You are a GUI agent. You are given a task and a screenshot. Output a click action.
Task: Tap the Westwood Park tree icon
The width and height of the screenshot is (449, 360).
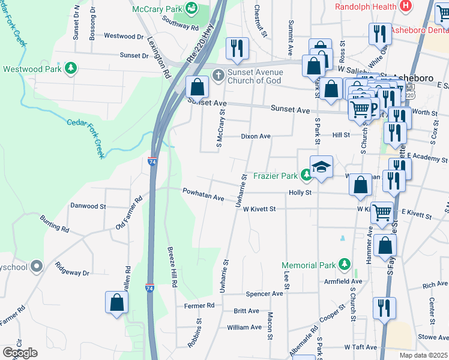(x=71, y=68)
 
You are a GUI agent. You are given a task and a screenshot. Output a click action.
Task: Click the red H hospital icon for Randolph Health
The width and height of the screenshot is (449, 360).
(x=406, y=6)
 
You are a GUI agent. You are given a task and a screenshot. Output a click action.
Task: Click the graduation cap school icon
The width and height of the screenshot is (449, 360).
(x=321, y=167)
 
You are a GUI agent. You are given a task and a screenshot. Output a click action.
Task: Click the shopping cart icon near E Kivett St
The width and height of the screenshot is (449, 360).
(x=382, y=212)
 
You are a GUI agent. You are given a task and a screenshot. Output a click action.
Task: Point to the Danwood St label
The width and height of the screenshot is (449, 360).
(x=88, y=206)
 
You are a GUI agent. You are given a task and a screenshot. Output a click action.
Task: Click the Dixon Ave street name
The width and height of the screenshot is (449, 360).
(x=256, y=136)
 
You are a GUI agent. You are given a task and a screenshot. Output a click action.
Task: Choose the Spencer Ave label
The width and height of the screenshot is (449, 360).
(x=264, y=294)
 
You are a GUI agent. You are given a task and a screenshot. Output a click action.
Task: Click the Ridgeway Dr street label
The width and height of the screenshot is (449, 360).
(x=72, y=268)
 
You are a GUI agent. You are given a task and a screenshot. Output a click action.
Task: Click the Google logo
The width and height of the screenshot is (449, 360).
(x=20, y=353)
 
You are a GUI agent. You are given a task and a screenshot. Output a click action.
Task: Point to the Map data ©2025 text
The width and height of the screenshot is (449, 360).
(x=423, y=355)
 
